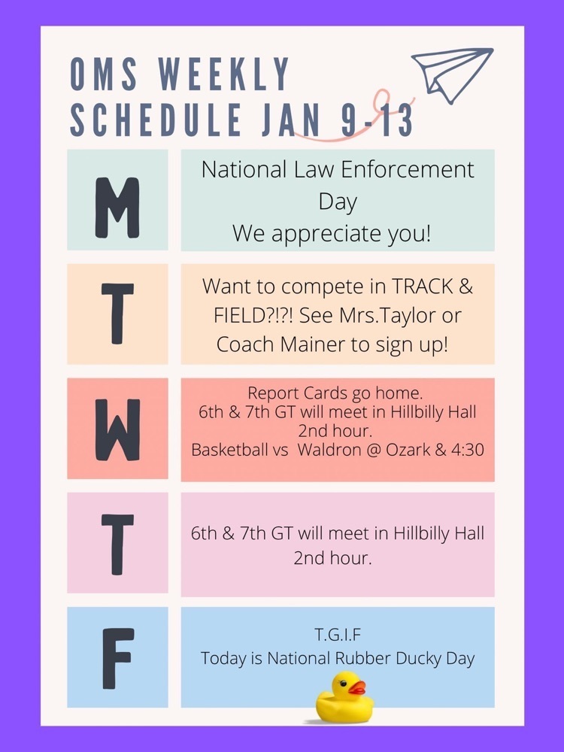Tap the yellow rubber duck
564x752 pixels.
tap(344, 697)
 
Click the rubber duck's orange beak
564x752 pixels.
tap(356, 688)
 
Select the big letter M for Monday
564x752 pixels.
tap(117, 208)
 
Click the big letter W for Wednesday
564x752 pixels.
tap(117, 429)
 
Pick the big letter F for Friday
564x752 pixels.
tap(117, 659)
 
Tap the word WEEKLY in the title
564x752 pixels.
tap(224, 74)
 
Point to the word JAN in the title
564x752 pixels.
tap(290, 119)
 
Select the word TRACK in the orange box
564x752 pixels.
tap(423, 287)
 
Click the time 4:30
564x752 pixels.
tap(467, 450)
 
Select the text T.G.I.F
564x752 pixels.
tap(338, 635)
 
